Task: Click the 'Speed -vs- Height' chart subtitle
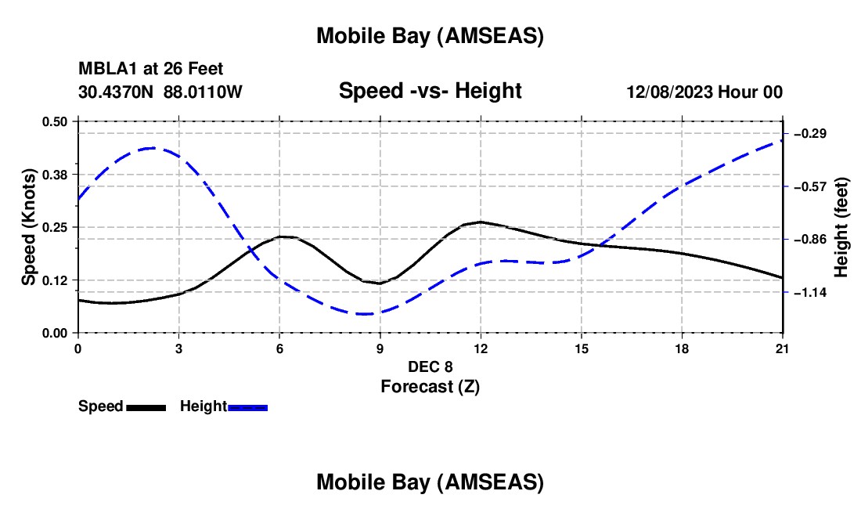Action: click(x=430, y=92)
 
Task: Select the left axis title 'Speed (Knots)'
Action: click(x=29, y=227)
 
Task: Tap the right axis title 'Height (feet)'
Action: click(x=841, y=227)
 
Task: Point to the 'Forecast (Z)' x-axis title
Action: click(x=430, y=386)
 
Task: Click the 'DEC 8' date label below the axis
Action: click(x=430, y=366)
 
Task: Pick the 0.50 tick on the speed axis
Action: click(x=55, y=121)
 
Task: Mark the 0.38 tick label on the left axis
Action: click(x=55, y=174)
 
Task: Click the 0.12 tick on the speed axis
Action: click(x=55, y=280)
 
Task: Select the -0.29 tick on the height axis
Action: click(x=810, y=134)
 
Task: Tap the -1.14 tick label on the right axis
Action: click(x=810, y=293)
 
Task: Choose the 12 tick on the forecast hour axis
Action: click(x=481, y=348)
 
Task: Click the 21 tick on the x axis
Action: click(x=783, y=348)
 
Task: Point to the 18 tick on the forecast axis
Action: click(x=682, y=348)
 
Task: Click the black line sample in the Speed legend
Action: click(x=146, y=407)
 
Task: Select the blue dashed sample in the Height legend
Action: click(x=247, y=407)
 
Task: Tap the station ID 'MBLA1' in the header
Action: click(x=106, y=70)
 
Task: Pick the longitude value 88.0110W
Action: click(x=203, y=92)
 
